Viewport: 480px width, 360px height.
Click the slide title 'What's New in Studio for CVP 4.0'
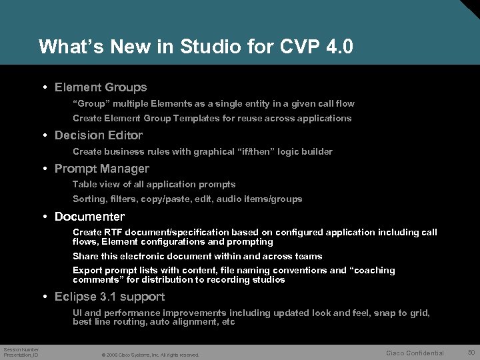195,47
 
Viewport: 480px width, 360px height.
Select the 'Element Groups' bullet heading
101,87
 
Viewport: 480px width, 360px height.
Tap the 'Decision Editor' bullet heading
99,135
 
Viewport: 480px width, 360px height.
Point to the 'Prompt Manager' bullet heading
101,169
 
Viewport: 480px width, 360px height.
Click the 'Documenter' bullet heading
89,217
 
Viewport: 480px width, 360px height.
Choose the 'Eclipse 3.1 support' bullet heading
109,297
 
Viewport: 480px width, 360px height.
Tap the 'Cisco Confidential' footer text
415,353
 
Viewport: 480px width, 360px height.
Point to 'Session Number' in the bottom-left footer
21,349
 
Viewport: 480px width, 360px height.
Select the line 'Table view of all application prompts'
154,184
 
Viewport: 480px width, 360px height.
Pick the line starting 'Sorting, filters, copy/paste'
187,199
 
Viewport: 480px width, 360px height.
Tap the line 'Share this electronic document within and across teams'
197,256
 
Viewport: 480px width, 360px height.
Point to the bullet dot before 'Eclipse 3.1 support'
43,297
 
